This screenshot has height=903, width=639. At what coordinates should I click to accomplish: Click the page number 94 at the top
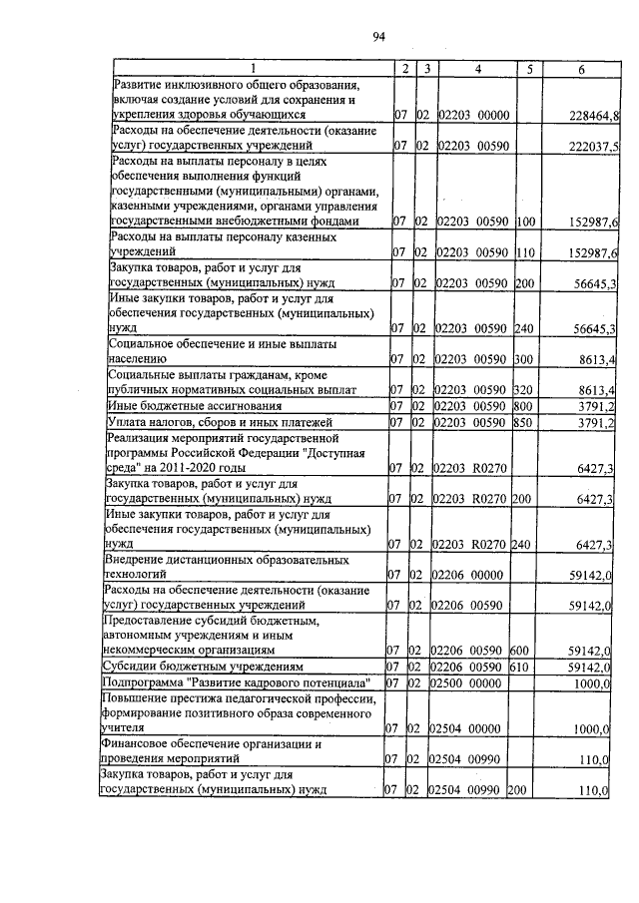(378, 38)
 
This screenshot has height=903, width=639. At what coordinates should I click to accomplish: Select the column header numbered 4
(477, 68)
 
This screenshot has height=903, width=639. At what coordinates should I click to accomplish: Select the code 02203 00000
(472, 117)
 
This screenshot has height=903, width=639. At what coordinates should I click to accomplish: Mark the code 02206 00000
(469, 576)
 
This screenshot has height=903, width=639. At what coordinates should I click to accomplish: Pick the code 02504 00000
(465, 729)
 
